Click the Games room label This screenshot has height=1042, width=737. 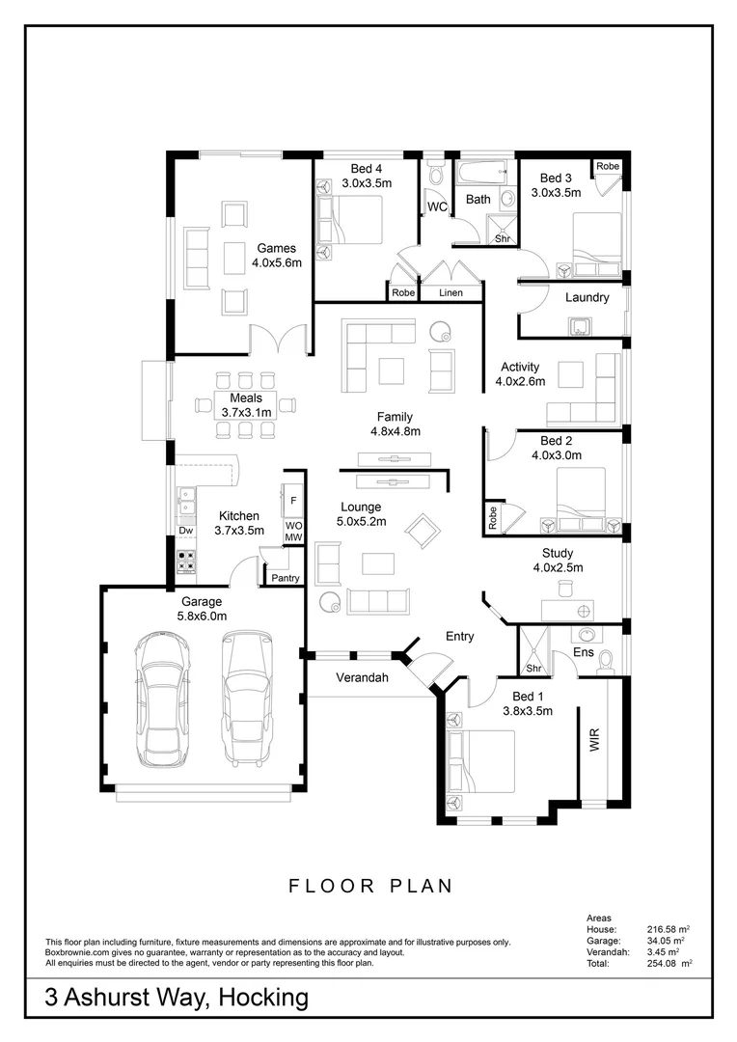click(x=277, y=248)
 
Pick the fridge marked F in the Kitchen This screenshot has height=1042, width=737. click(x=293, y=501)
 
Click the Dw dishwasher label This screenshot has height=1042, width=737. click(x=186, y=531)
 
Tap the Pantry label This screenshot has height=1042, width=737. click(x=286, y=578)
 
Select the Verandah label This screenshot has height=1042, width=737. click(x=362, y=678)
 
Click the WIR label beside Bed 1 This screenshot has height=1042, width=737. click(x=595, y=740)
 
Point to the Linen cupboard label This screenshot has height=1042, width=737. click(x=450, y=292)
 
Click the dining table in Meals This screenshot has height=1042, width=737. click(x=245, y=404)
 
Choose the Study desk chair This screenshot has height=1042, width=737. click(x=565, y=588)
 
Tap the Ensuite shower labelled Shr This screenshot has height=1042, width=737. click(x=534, y=650)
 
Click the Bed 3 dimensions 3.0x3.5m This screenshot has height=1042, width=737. click(x=556, y=193)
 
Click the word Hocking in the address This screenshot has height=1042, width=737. click(x=263, y=998)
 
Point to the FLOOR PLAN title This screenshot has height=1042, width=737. click(x=370, y=886)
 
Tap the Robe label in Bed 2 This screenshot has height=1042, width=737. click(x=492, y=518)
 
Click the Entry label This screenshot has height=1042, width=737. click(x=459, y=637)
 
